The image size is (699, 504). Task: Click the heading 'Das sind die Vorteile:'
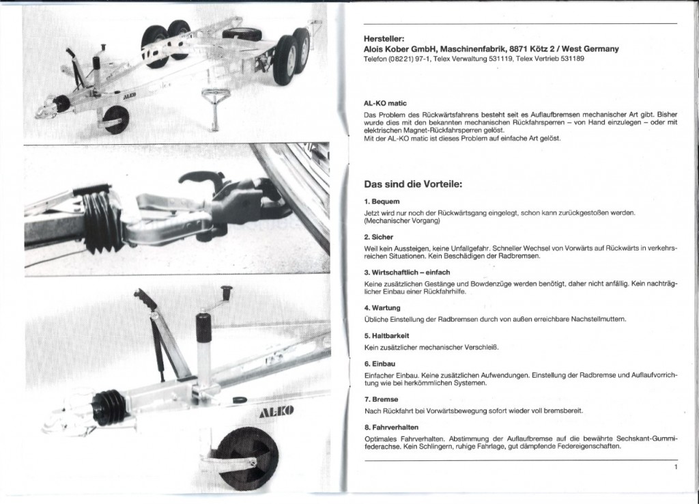click(414, 184)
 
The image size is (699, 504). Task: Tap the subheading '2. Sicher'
click(380, 236)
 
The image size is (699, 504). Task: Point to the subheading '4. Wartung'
click(382, 307)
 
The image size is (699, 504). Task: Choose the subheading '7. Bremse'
click(382, 398)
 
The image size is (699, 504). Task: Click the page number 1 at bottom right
click(674, 467)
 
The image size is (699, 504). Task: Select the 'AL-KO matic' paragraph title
click(386, 102)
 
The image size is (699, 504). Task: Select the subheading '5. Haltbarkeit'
click(386, 336)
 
